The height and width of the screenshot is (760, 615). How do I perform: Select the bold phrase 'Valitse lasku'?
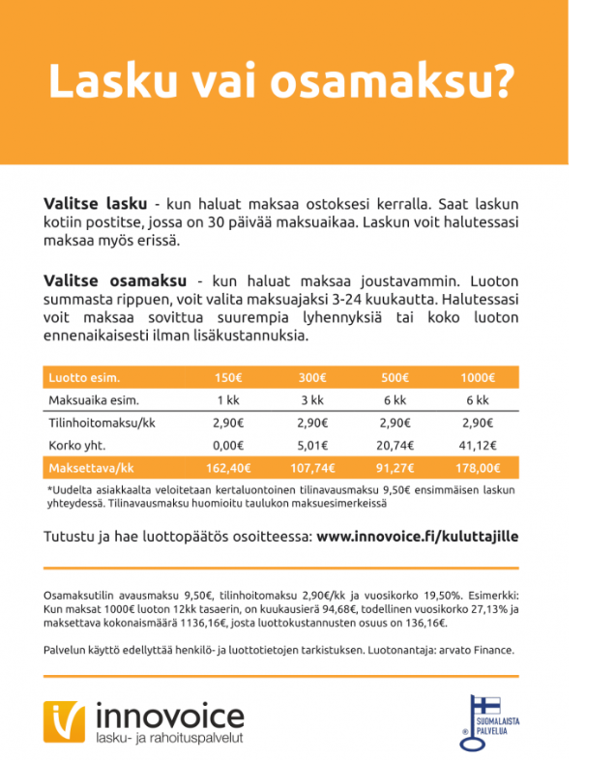(95, 205)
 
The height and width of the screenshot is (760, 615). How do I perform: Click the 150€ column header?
(227, 377)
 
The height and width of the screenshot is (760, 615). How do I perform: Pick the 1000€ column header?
(477, 377)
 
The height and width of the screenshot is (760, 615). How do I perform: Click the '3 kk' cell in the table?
(311, 399)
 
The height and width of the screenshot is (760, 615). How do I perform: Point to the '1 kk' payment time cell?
(227, 399)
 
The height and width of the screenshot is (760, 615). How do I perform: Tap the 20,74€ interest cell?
(395, 446)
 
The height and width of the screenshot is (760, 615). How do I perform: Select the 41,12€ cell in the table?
(477, 446)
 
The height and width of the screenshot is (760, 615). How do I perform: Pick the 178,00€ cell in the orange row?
(477, 468)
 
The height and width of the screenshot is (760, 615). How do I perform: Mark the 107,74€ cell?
(311, 468)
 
